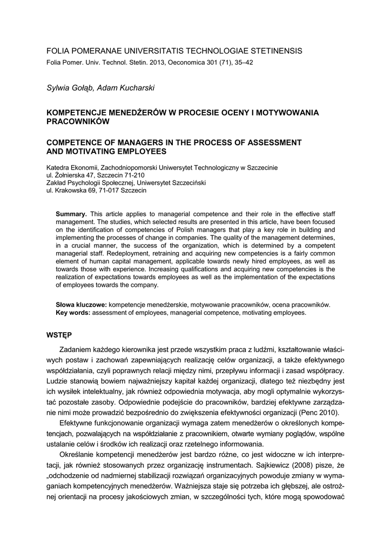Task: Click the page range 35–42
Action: (241, 63)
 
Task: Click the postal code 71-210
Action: (133, 176)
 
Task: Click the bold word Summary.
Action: (71, 214)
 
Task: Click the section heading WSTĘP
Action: (59, 335)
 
